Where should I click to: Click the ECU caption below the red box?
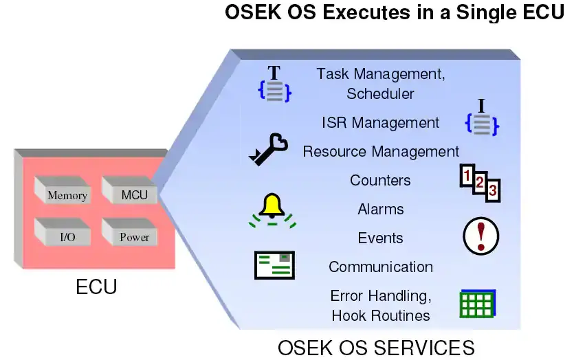pos(96,286)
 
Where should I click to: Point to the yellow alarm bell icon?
pos(272,209)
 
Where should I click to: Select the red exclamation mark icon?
pos(481,236)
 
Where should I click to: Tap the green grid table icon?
pos(477,303)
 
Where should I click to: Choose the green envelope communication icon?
pos(274,265)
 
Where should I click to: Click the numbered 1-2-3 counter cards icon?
pos(480,183)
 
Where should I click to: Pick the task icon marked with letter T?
pos(274,85)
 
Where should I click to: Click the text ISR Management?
pos(380,123)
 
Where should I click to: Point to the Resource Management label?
pos(381,151)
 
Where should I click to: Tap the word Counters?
pos(380,180)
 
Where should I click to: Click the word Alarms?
pos(380,209)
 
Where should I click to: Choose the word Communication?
pos(380,267)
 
